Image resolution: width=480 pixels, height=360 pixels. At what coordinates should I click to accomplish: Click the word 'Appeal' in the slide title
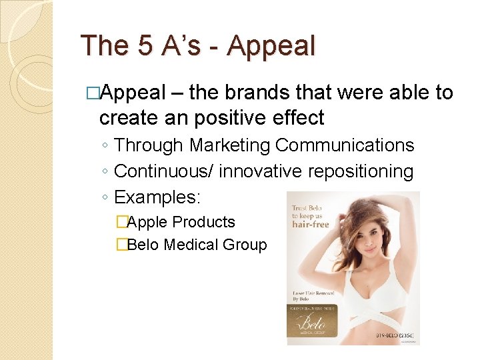click(x=271, y=46)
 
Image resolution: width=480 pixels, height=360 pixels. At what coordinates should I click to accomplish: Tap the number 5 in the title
click(x=146, y=46)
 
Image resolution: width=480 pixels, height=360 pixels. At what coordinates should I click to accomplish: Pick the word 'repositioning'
click(x=361, y=171)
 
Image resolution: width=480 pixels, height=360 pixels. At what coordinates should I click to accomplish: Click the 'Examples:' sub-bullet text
click(x=157, y=197)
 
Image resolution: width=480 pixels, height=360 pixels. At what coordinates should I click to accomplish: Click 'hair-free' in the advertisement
click(x=311, y=225)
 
